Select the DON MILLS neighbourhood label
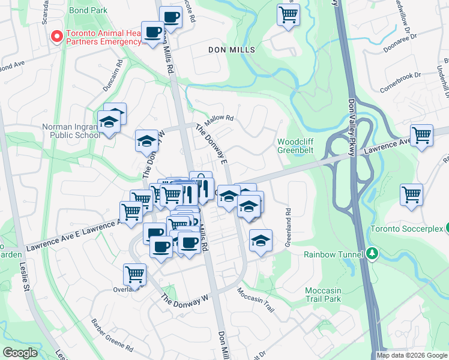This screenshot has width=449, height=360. point(231,50)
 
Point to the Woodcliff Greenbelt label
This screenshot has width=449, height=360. point(295,146)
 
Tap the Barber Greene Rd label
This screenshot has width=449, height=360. point(112,334)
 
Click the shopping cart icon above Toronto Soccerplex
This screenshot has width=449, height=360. point(411,194)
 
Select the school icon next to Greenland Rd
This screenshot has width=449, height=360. point(261,241)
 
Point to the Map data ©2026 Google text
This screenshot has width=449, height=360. point(412,355)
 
